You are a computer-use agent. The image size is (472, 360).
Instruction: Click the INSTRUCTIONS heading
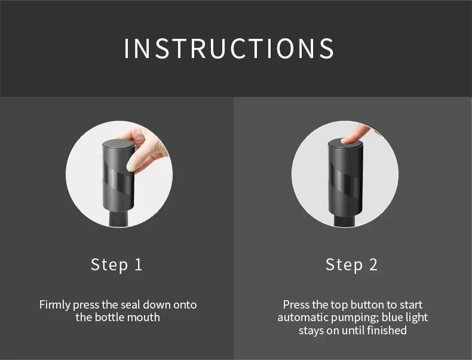(229, 48)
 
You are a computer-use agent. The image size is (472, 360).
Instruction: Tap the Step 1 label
(117, 265)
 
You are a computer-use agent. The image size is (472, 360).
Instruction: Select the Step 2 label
(351, 265)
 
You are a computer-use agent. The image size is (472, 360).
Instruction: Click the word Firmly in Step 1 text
(54, 305)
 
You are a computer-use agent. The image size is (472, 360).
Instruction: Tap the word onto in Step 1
(185, 305)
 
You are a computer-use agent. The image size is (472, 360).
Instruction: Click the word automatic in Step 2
(303, 318)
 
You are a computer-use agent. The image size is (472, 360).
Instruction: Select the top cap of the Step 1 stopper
(119, 144)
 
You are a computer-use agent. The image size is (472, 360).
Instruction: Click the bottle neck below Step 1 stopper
(119, 219)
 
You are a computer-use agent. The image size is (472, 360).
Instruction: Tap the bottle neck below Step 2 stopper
(345, 221)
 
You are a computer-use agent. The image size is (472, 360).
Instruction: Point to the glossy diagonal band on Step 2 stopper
(345, 181)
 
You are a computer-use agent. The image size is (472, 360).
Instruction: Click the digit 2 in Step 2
(373, 264)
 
